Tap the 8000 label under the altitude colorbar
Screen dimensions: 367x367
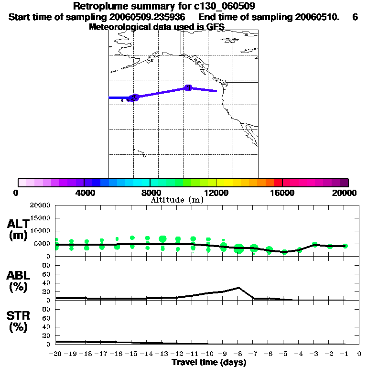(x=150, y=193)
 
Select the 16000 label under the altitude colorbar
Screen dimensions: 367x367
(x=282, y=193)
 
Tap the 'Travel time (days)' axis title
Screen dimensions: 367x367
(x=209, y=363)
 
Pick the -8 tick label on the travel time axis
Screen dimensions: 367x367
(x=238, y=354)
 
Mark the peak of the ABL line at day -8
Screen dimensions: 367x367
(x=238, y=288)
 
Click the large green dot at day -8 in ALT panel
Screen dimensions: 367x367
(x=238, y=248)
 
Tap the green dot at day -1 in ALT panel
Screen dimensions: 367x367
(x=345, y=246)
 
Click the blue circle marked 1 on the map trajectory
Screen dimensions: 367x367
(x=188, y=88)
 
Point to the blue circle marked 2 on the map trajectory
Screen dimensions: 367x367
(x=134, y=97)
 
